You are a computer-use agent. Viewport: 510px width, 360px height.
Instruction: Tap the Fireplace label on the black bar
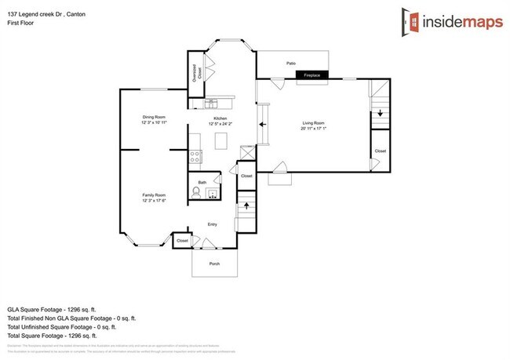312,75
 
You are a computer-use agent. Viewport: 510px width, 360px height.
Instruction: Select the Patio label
291,63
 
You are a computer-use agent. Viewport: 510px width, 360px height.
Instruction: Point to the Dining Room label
154,117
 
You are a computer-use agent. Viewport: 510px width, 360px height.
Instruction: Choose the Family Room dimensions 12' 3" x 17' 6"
154,202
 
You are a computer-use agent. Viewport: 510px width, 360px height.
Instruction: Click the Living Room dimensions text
314,128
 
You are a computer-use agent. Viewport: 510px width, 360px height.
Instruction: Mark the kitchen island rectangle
221,141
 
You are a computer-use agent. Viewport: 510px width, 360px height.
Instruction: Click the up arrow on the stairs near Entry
247,205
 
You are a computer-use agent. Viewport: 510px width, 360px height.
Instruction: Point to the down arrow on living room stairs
381,114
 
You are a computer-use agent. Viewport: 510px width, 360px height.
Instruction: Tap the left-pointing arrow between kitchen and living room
264,125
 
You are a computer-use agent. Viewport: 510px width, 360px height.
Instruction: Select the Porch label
214,264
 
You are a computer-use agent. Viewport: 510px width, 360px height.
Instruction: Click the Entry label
212,224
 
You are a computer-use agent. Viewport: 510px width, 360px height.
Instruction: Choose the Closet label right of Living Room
381,151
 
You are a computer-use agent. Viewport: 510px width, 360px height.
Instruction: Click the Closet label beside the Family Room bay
182,241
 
